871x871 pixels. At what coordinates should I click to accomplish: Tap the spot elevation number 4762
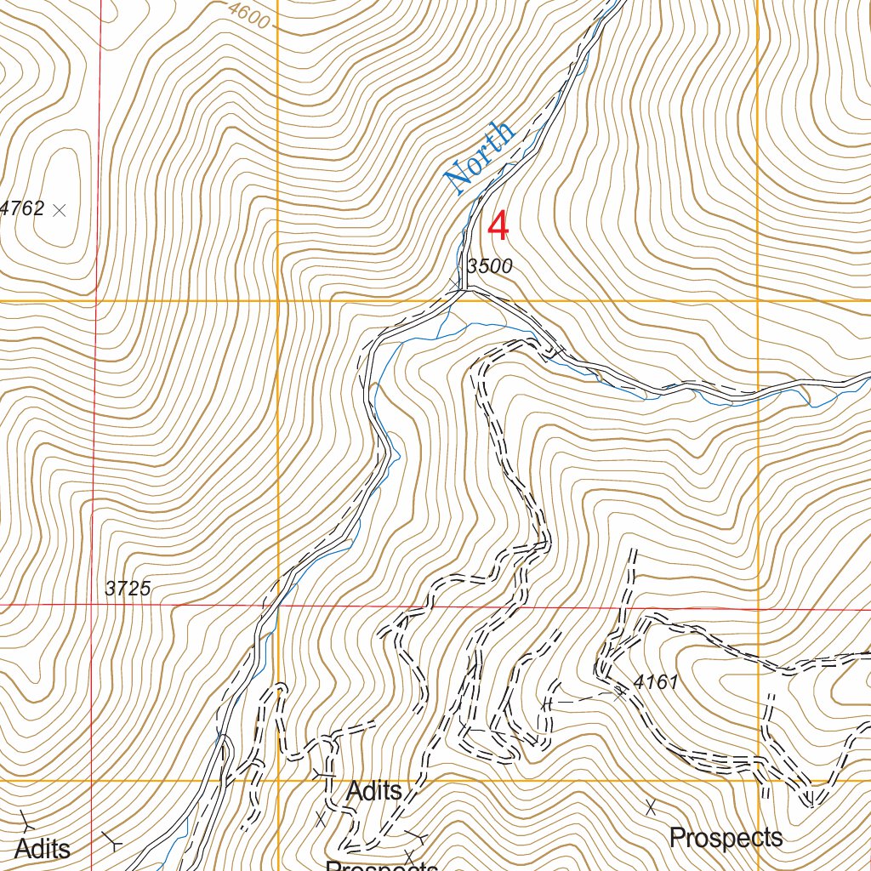coord(22,208)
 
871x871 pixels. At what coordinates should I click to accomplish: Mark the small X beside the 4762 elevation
coord(59,209)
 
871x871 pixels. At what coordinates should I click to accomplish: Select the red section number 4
coord(498,227)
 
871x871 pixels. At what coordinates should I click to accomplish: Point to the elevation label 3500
coord(490,266)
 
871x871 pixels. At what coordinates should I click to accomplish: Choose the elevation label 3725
coord(128,588)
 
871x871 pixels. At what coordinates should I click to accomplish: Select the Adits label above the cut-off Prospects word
coord(374,791)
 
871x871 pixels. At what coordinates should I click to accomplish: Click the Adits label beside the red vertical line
coord(43,848)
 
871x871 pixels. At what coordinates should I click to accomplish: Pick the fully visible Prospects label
coord(726,838)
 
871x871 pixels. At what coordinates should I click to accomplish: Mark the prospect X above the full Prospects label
coord(652,804)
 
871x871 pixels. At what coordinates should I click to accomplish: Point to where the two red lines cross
coord(94,605)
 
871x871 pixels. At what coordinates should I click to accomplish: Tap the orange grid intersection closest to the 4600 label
coord(278,301)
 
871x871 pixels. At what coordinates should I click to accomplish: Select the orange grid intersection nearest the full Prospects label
coord(758,780)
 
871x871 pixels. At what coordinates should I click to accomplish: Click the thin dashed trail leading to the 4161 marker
coord(587,698)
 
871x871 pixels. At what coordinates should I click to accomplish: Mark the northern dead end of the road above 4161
coord(633,553)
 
